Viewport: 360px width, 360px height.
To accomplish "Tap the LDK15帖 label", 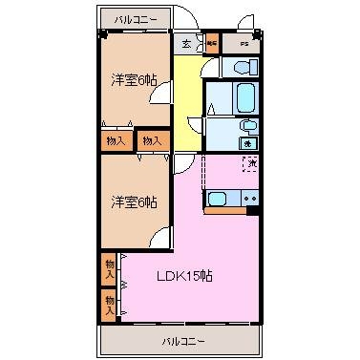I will (x=184, y=277).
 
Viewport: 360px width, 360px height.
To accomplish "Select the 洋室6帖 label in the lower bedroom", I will (x=135, y=201).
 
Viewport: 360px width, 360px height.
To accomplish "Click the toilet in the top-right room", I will (x=240, y=66).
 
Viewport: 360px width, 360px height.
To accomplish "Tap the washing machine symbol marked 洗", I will (x=245, y=142).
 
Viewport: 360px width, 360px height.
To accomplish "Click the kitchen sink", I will (x=217, y=199).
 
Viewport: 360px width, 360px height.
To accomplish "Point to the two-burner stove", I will (x=249, y=199).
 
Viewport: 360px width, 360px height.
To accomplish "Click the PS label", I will (x=244, y=43).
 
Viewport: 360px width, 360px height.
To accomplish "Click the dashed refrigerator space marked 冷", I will (x=250, y=164).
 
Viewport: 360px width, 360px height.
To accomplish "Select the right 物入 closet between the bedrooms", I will (x=151, y=140).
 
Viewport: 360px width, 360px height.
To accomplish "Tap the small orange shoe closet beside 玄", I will (x=211, y=43).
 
